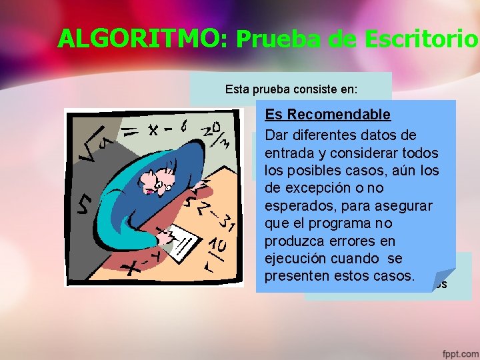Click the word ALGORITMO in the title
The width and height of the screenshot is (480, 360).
coord(142,39)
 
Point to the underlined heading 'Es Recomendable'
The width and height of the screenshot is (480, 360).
coord(327,114)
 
